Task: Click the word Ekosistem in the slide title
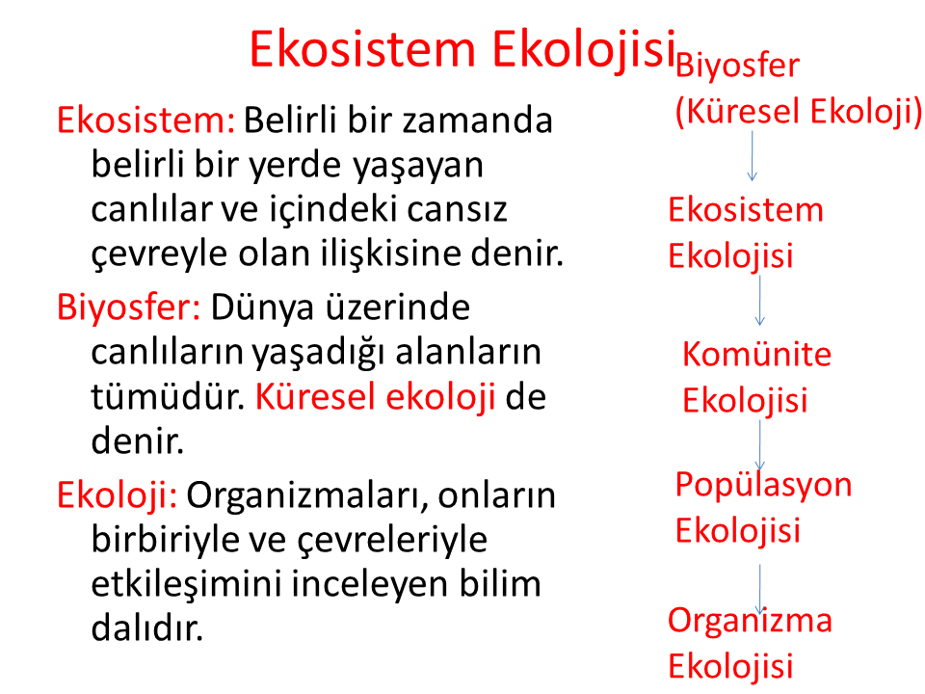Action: pos(362,49)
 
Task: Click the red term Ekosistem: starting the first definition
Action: pos(145,120)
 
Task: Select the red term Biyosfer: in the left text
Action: pos(128,307)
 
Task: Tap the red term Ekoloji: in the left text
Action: pos(117,494)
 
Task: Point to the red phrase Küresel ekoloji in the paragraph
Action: pos(375,396)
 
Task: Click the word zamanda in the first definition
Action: pos(478,120)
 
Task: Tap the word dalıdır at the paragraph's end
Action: pos(146,627)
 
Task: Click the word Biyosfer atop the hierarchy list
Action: pos(737,65)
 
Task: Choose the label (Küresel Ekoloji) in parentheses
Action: pos(798,111)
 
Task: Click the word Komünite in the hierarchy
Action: pos(757,354)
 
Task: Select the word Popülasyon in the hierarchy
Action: pos(763,485)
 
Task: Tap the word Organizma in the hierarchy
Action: pos(750,621)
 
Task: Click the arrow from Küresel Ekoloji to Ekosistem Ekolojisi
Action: pos(753,156)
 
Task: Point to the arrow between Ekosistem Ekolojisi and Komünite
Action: pos(760,301)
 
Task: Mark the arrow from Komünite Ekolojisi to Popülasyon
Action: pos(760,445)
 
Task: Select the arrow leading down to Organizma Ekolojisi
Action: pos(760,589)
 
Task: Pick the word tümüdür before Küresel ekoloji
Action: pos(168,396)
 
